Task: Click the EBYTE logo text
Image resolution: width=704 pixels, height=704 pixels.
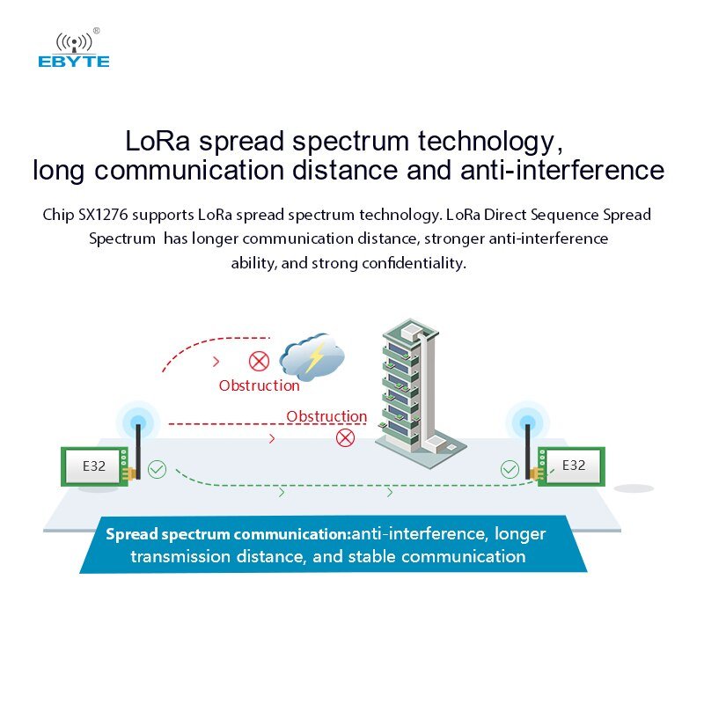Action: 74,62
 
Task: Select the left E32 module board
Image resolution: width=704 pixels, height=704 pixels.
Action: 95,466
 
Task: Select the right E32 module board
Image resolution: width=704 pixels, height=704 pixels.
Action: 573,466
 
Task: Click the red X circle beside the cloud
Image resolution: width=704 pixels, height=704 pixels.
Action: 259,361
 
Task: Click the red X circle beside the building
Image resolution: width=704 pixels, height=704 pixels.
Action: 346,437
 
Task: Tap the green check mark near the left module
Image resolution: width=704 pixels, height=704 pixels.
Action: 157,469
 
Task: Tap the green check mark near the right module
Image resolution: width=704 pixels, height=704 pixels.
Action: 510,469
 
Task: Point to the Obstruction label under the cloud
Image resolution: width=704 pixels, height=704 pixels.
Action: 260,385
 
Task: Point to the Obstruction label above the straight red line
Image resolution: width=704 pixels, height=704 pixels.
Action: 326,416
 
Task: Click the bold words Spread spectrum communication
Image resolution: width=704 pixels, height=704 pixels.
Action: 227,534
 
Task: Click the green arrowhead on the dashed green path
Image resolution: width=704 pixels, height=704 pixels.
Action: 282,493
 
